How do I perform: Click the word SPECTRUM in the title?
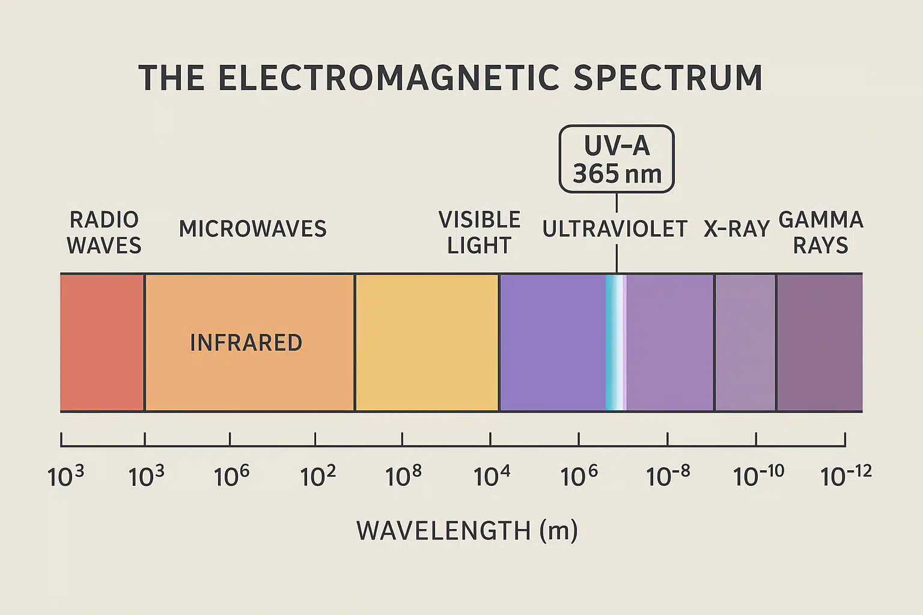[x=668, y=78]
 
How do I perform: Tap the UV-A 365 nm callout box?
[x=617, y=159]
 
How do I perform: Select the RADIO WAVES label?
[x=104, y=232]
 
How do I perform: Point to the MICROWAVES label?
[x=252, y=229]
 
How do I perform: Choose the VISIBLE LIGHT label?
[x=479, y=232]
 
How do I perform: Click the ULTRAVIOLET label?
[x=615, y=229]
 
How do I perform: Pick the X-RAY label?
[x=737, y=229]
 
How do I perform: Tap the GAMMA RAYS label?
[x=820, y=232]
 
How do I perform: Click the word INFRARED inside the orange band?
[x=246, y=343]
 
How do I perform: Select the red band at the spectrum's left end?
[x=102, y=342]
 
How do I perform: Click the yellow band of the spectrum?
[x=427, y=342]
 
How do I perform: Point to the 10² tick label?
[x=318, y=476]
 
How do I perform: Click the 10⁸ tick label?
[x=403, y=476]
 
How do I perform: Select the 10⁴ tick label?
[x=492, y=476]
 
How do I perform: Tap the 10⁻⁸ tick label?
[x=668, y=476]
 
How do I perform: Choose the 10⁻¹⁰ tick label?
[x=758, y=476]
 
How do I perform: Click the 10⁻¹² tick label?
[x=845, y=476]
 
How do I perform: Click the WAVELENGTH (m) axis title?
[x=467, y=531]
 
